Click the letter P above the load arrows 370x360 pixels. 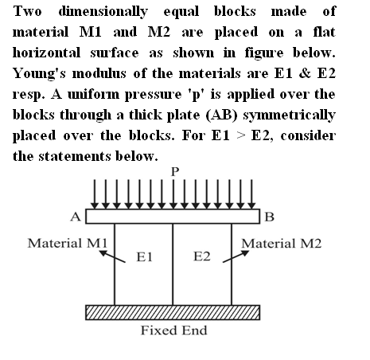[x=175, y=172]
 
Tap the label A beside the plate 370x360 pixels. [x=76, y=217]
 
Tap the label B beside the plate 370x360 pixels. [x=269, y=217]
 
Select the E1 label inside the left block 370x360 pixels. [x=144, y=256]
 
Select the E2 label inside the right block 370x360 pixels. [x=202, y=256]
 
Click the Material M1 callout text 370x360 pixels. [x=68, y=243]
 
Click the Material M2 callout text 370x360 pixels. [x=282, y=243]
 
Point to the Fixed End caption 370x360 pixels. [x=173, y=331]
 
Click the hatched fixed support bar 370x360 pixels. [x=173, y=312]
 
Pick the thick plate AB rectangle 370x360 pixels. [x=173, y=217]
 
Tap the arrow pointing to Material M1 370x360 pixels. [x=112, y=256]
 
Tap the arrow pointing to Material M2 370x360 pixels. [x=236, y=256]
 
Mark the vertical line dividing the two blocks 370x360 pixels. [x=173, y=264]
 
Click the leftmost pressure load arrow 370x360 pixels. [x=95, y=194]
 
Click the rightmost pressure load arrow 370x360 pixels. [x=251, y=194]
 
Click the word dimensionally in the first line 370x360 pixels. [x=103, y=12]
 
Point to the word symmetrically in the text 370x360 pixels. [x=290, y=115]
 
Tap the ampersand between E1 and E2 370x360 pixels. [x=305, y=73]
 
